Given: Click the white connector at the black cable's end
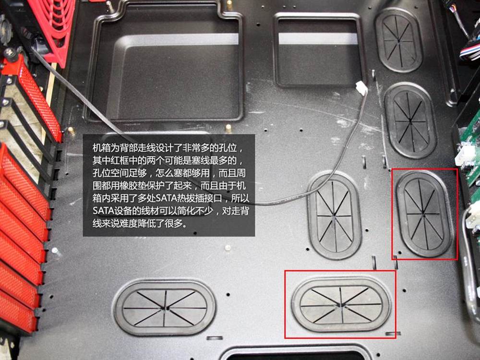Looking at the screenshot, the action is click(x=361, y=88).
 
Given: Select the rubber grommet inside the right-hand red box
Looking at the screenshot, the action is click(x=424, y=214).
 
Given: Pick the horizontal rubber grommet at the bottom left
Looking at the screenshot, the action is click(x=164, y=307).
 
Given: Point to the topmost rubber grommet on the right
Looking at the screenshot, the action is click(x=399, y=40).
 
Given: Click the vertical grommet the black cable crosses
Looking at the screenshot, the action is click(x=334, y=216).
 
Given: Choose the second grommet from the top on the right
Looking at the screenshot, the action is click(x=410, y=120).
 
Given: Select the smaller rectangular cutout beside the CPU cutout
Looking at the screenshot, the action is click(x=318, y=49).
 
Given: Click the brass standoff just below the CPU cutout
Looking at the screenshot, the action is click(x=228, y=128).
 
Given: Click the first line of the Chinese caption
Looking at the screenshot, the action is click(x=168, y=148).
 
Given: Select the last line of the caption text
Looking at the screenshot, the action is click(x=140, y=223).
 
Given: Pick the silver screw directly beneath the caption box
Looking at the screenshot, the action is click(x=227, y=248).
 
